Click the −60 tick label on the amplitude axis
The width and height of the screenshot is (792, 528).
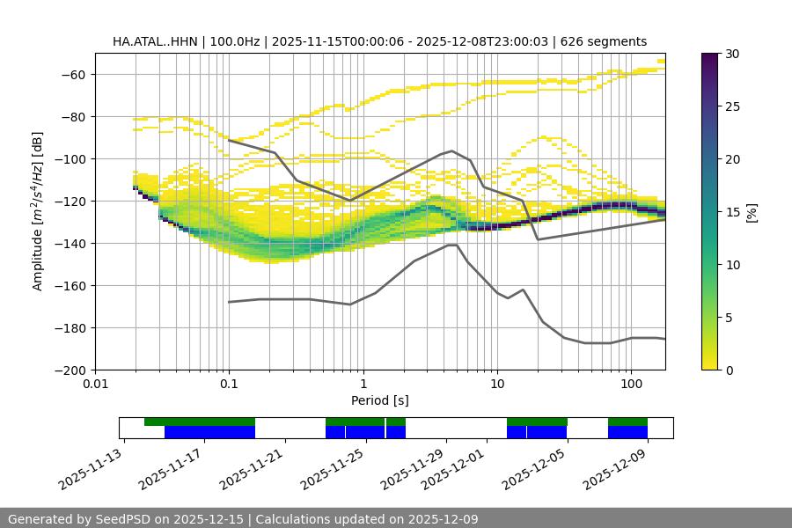tap(72, 74)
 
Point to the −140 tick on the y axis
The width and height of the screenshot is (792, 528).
tap(72, 243)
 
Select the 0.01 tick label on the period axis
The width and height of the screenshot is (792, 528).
tap(95, 384)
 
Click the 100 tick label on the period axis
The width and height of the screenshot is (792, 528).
tap(630, 384)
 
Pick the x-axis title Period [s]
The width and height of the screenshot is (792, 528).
tap(379, 400)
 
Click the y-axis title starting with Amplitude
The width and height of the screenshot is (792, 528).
tap(38, 211)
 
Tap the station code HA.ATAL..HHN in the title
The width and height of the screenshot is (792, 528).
tap(154, 41)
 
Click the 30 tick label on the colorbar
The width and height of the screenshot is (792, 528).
tap(731, 54)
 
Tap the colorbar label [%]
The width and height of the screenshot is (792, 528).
tap(752, 212)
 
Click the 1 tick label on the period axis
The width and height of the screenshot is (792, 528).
tap(363, 384)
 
